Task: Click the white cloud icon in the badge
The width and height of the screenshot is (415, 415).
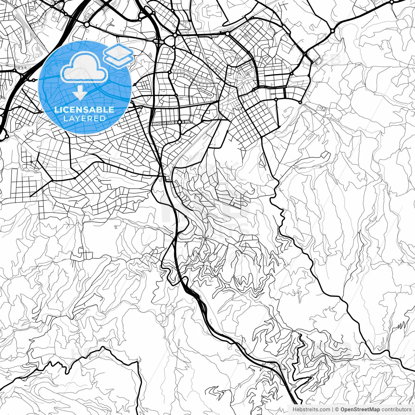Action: [84, 68]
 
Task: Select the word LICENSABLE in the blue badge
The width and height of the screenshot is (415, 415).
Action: [84, 110]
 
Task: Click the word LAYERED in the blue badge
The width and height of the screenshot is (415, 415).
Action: [84, 118]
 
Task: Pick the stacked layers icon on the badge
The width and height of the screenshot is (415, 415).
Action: [118, 55]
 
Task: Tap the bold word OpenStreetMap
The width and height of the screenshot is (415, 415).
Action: [360, 409]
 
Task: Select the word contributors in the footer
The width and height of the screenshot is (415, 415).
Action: [396, 409]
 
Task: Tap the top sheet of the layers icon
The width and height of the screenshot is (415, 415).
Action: [118, 51]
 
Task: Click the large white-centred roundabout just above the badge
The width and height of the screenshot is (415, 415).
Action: [87, 25]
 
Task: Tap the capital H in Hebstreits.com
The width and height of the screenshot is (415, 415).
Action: [294, 409]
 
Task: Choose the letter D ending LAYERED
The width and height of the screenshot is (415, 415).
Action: [103, 118]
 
